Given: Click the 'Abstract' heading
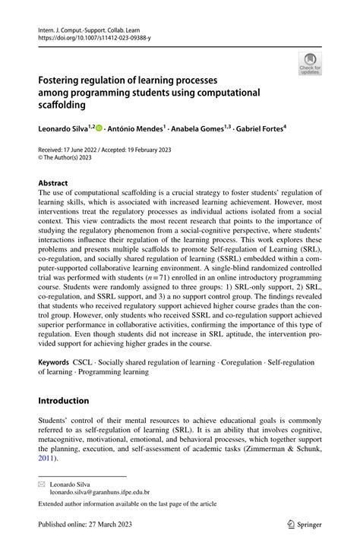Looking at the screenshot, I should click(52, 183).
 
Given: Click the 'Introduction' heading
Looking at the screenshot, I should click(64, 400).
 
